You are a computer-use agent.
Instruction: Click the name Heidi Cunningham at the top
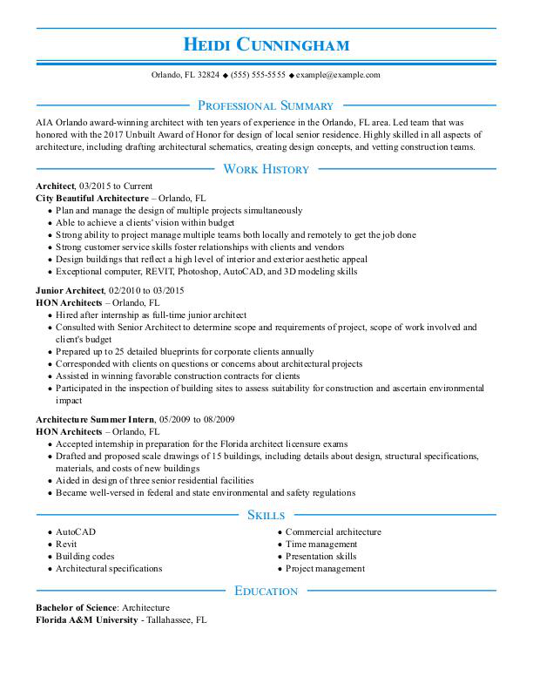pos(266,44)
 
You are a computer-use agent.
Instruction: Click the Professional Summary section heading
pos(266,105)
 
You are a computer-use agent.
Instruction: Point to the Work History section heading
pos(266,169)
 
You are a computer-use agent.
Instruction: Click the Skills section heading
pos(266,515)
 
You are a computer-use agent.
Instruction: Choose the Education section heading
pos(266,592)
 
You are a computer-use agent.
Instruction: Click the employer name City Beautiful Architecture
pos(92,199)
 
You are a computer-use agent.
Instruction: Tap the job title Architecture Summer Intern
pos(95,419)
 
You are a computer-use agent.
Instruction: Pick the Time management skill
pos(320,545)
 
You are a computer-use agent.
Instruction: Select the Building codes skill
pos(84,557)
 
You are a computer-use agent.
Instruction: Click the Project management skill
pos(325,569)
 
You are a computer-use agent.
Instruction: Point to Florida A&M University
pos(86,620)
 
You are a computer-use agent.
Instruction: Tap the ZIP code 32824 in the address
pos(208,76)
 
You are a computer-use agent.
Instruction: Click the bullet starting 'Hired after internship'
pos(151,315)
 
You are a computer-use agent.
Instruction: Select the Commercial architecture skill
pos(333,532)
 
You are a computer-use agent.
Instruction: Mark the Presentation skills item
pos(320,557)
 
